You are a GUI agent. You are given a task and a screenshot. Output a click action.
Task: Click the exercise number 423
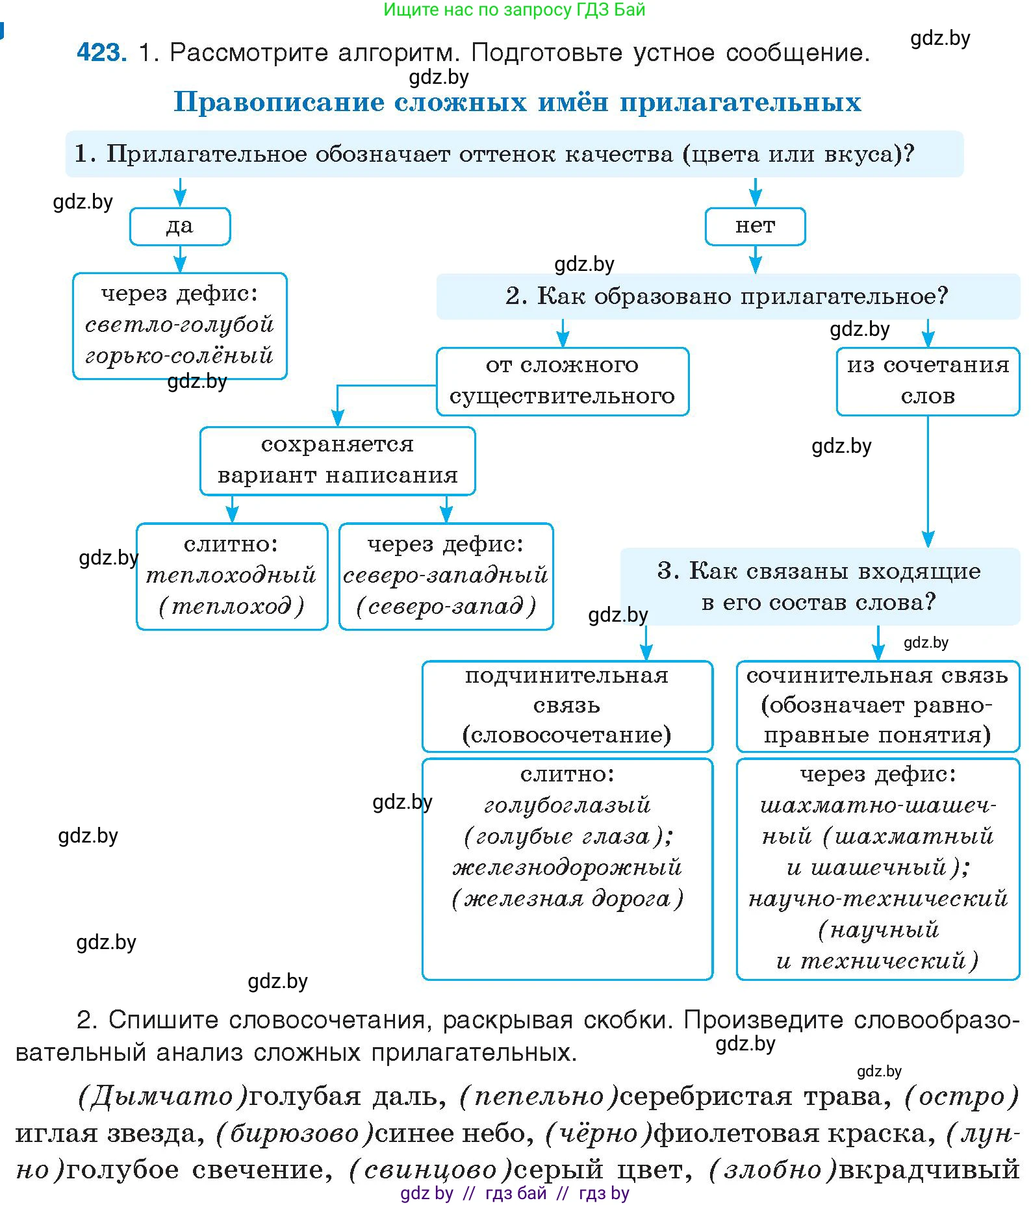point(101,52)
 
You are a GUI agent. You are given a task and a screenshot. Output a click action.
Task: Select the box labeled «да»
point(180,227)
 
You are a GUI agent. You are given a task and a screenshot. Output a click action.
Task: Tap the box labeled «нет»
point(755,227)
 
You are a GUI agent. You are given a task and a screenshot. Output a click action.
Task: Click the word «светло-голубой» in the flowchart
point(179,324)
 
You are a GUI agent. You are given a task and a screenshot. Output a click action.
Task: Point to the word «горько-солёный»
point(179,355)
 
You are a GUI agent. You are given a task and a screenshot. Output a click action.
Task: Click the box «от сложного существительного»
point(562,381)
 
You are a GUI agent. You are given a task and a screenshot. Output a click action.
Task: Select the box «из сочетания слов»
point(928,381)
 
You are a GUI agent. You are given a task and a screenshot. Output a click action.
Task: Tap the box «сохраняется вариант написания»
point(337,461)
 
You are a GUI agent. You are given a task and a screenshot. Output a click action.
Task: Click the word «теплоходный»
point(231,575)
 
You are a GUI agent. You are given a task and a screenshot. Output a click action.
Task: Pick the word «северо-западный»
point(446,575)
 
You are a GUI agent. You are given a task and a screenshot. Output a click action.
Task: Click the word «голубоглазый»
point(567,805)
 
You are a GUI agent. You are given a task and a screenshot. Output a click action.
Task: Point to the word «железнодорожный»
point(567,867)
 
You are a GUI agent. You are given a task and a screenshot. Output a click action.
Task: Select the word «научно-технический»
point(878,898)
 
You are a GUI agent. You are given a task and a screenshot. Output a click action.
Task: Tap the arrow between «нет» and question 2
point(755,260)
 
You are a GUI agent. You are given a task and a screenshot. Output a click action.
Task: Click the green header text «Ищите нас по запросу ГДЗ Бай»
point(514,10)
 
